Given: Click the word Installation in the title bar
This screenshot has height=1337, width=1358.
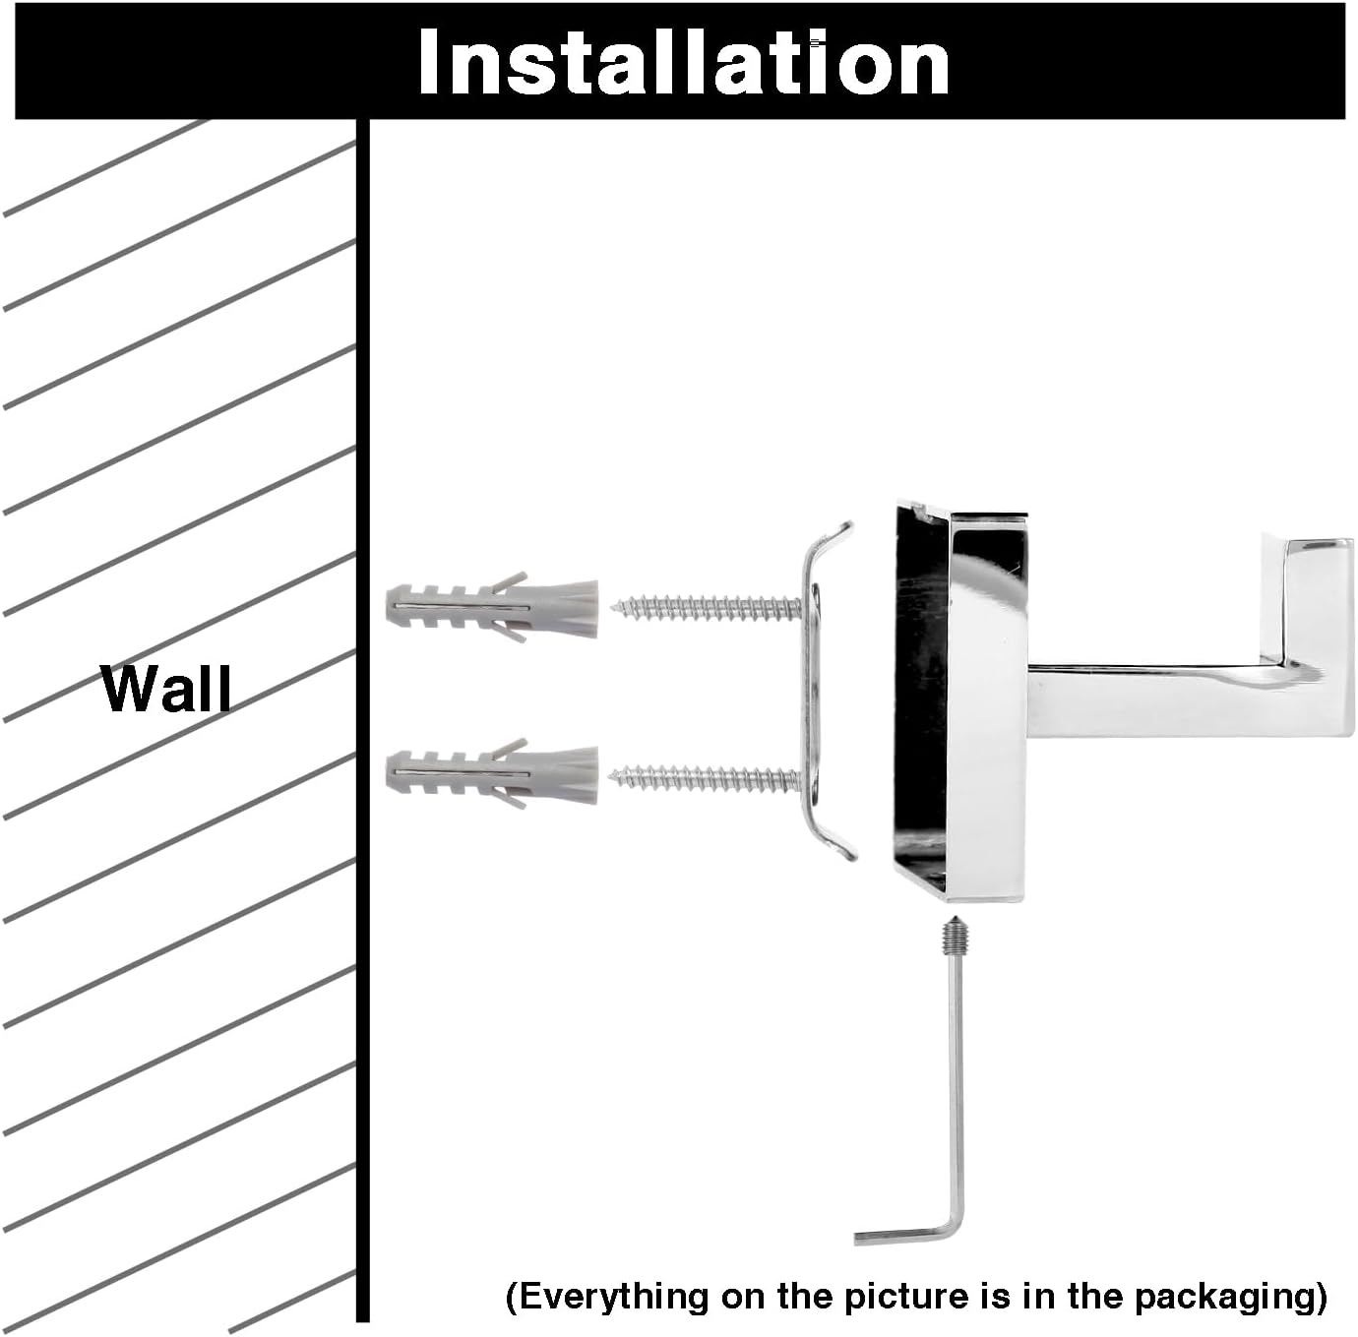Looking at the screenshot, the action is click(x=683, y=62).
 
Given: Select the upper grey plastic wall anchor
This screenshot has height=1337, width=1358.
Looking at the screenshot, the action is click(x=492, y=607).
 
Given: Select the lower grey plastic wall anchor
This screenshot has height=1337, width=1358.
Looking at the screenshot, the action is click(x=492, y=774).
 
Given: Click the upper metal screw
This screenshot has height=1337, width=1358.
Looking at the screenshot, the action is click(x=707, y=607).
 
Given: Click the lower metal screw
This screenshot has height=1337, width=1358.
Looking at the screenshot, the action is click(x=707, y=777).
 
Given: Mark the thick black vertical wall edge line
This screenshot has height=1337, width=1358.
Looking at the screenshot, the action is click(x=362, y=719).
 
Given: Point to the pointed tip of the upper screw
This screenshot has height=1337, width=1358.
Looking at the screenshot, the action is click(x=613, y=605).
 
